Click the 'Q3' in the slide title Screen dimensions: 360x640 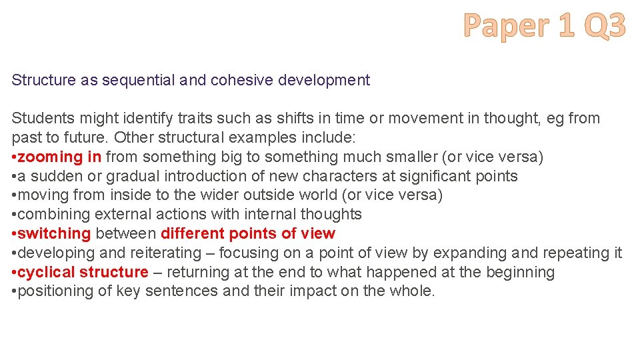coord(604,27)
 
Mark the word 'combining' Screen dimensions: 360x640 coord(54,215)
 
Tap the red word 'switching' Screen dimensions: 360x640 coord(54,234)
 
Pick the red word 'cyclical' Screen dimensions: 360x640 coord(46,273)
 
